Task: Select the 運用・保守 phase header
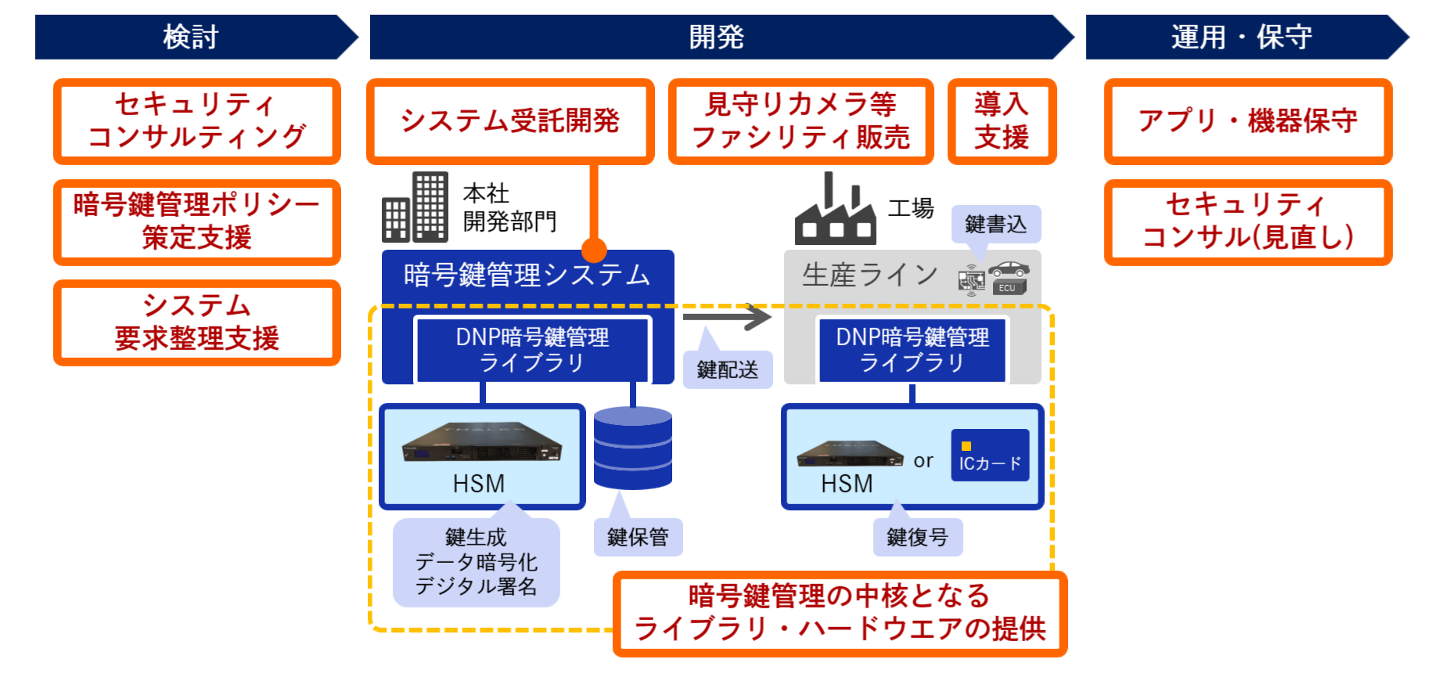coord(1242,37)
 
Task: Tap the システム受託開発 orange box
coord(510,121)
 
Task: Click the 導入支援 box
coord(1002,121)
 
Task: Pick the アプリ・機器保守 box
coord(1247,121)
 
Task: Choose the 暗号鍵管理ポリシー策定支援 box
coord(196,222)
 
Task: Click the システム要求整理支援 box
coord(196,323)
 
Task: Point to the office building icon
coord(415,207)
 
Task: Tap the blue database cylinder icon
coord(632,448)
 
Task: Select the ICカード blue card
coord(990,455)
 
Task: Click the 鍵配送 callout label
coord(727,369)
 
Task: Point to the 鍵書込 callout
coord(995,225)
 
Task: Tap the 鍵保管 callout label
coord(638,537)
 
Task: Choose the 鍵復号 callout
coord(917,537)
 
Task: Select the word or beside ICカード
coord(923,461)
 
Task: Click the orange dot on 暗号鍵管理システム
coord(594,250)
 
